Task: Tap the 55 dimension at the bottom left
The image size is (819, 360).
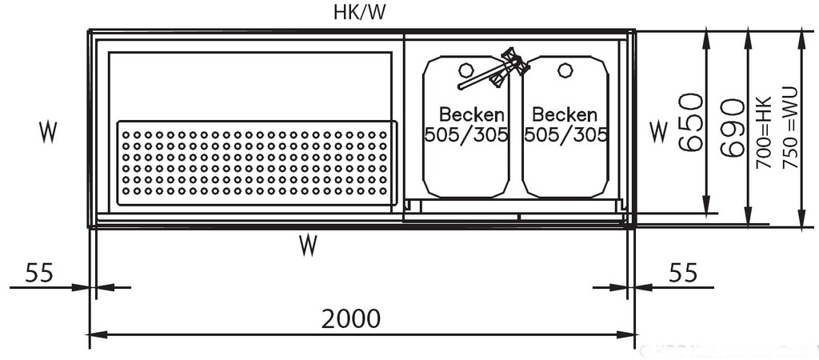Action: (x=39, y=273)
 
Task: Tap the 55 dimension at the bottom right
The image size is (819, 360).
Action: (x=682, y=273)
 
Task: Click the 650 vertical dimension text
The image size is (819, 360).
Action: (x=690, y=122)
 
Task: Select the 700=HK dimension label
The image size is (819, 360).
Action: (x=763, y=133)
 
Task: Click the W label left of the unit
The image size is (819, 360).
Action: (x=48, y=133)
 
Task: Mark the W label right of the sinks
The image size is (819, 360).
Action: (x=657, y=131)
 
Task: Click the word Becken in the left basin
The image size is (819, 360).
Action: (x=471, y=114)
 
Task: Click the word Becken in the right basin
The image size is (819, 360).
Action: (x=565, y=114)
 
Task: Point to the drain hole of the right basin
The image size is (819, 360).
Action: (x=565, y=70)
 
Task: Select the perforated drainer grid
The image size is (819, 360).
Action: (x=256, y=162)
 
